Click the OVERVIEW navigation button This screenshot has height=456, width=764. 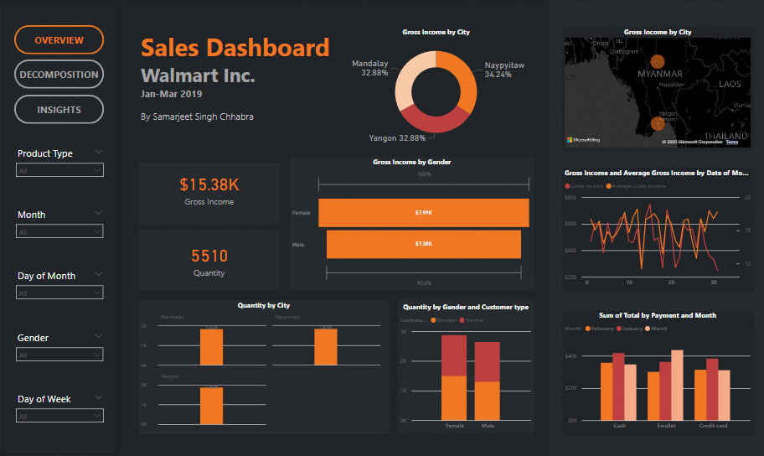(59, 40)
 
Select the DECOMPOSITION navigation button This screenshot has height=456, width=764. (59, 75)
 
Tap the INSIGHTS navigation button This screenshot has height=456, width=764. (59, 110)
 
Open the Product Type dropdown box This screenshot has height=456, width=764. (59, 170)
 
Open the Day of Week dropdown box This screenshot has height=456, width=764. (59, 416)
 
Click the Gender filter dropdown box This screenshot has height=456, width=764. (59, 355)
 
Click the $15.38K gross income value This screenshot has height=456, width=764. (209, 184)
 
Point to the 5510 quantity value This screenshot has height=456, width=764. (209, 256)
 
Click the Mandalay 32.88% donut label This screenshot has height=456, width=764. (369, 68)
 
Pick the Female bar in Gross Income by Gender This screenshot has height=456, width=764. (423, 213)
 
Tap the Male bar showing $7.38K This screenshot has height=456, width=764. (423, 244)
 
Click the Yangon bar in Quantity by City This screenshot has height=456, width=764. (211, 407)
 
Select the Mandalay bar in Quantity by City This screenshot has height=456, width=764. (211, 347)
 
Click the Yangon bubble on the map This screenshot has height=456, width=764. (658, 124)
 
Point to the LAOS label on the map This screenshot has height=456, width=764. (730, 84)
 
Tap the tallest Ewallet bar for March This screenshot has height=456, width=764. (677, 385)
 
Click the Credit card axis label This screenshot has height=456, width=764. (713, 426)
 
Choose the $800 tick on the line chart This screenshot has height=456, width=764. (571, 198)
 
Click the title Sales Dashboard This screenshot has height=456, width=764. (235, 48)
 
